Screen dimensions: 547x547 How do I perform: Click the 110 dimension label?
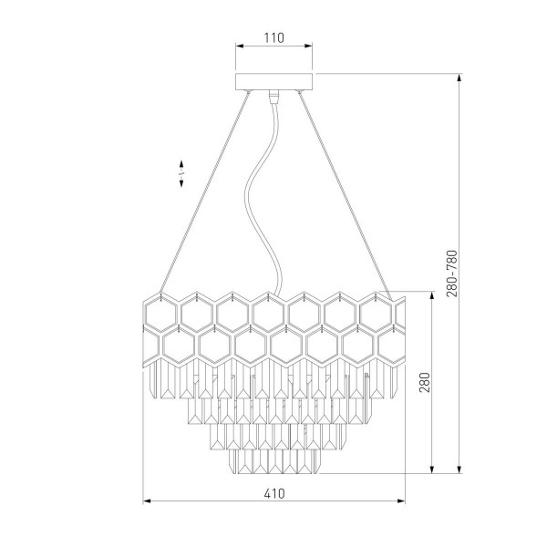[274, 37]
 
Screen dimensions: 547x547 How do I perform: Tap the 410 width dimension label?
[274, 493]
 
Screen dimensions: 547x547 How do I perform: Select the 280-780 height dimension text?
[452, 273]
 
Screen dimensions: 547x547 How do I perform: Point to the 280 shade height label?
[425, 382]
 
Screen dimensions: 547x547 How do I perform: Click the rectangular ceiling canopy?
[273, 82]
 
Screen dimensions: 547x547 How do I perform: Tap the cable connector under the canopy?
[273, 97]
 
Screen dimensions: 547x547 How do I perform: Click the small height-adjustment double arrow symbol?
[181, 174]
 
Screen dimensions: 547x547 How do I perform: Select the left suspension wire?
[205, 191]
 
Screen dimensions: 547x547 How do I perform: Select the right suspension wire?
[346, 196]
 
